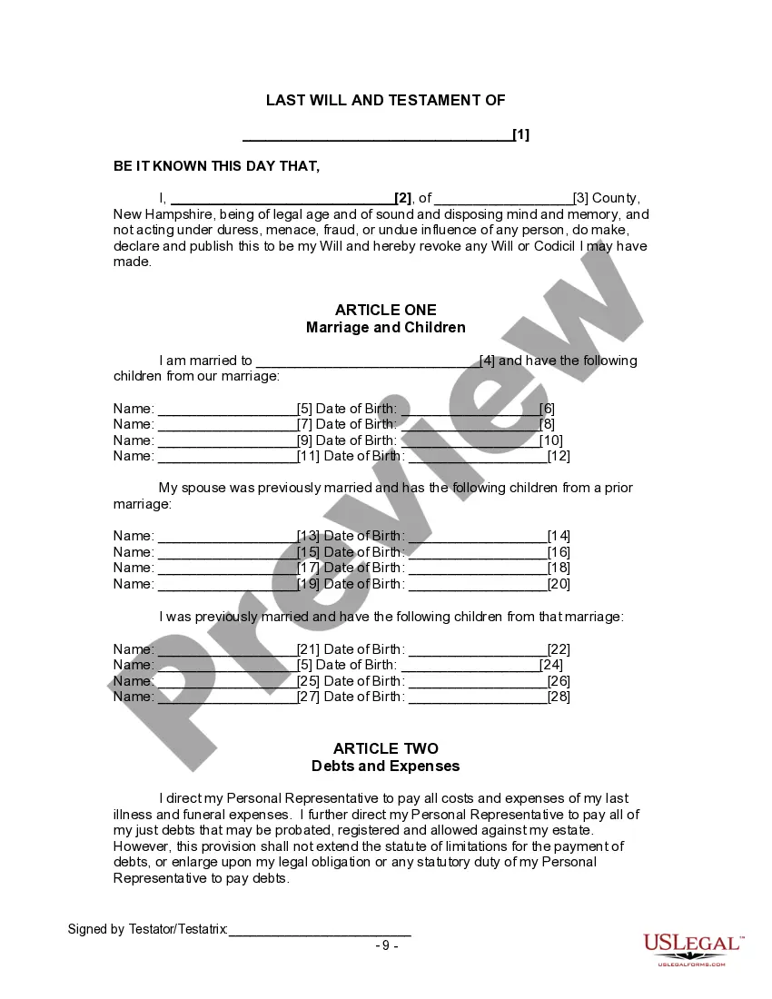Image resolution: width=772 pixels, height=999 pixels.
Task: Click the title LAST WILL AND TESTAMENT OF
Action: (385, 101)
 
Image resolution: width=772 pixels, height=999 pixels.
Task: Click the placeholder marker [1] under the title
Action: (521, 135)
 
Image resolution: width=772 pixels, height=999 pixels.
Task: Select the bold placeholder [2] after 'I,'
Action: (403, 199)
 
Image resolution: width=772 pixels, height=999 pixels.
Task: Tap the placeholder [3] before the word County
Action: (580, 199)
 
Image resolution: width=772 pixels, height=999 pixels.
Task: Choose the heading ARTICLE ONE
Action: (385, 311)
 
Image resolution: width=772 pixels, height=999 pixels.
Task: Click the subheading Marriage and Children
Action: (385, 327)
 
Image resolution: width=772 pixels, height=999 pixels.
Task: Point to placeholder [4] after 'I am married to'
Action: (487, 361)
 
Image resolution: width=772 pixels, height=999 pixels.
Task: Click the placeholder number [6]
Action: (547, 409)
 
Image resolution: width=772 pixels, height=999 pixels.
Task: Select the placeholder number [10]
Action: (551, 440)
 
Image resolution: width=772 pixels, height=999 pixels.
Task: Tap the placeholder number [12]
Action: (559, 456)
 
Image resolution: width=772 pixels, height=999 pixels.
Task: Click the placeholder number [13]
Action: (309, 536)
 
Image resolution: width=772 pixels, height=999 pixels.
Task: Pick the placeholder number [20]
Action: (559, 584)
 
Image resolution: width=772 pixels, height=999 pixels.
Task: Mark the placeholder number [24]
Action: (551, 665)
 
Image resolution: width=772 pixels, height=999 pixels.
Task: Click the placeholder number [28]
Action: (559, 697)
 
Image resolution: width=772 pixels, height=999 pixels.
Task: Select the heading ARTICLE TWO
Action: (385, 749)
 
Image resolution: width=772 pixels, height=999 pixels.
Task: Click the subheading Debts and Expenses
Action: (385, 766)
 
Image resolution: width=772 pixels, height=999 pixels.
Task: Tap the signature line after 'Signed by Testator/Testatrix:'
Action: (320, 930)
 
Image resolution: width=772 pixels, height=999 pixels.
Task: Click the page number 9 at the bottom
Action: (386, 945)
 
